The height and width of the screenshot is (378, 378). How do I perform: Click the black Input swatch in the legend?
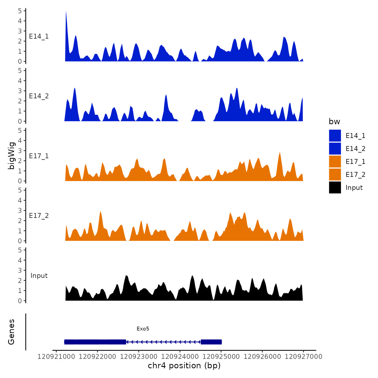pos(335,187)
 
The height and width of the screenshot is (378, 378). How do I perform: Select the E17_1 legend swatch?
pos(335,161)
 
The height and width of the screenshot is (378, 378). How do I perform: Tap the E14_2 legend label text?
pos(355,149)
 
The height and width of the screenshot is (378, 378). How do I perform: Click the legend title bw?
pos(334,122)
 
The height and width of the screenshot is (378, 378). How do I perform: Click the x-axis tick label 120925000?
pos(221,357)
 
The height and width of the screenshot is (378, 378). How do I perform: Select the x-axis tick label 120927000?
pos(303,357)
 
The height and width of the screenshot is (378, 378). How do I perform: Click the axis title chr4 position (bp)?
pos(184,366)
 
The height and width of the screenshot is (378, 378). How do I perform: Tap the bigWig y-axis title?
pos(11,156)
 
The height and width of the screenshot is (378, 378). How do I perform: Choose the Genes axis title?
pos(11,332)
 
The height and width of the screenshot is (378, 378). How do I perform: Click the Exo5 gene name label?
pos(143,329)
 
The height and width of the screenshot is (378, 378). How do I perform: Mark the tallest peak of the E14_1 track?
pos(66,12)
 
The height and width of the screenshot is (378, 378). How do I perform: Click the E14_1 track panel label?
pos(39,36)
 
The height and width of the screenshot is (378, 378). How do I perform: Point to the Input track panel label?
pos(39,276)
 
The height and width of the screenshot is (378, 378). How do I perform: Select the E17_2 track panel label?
pos(39,216)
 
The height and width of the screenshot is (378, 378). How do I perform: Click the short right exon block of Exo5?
pos(211,342)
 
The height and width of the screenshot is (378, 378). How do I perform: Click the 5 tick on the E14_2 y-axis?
pos(20,71)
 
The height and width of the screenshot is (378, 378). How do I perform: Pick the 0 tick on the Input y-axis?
pos(20,301)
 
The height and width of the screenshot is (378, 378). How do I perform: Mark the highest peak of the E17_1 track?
pos(280,153)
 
